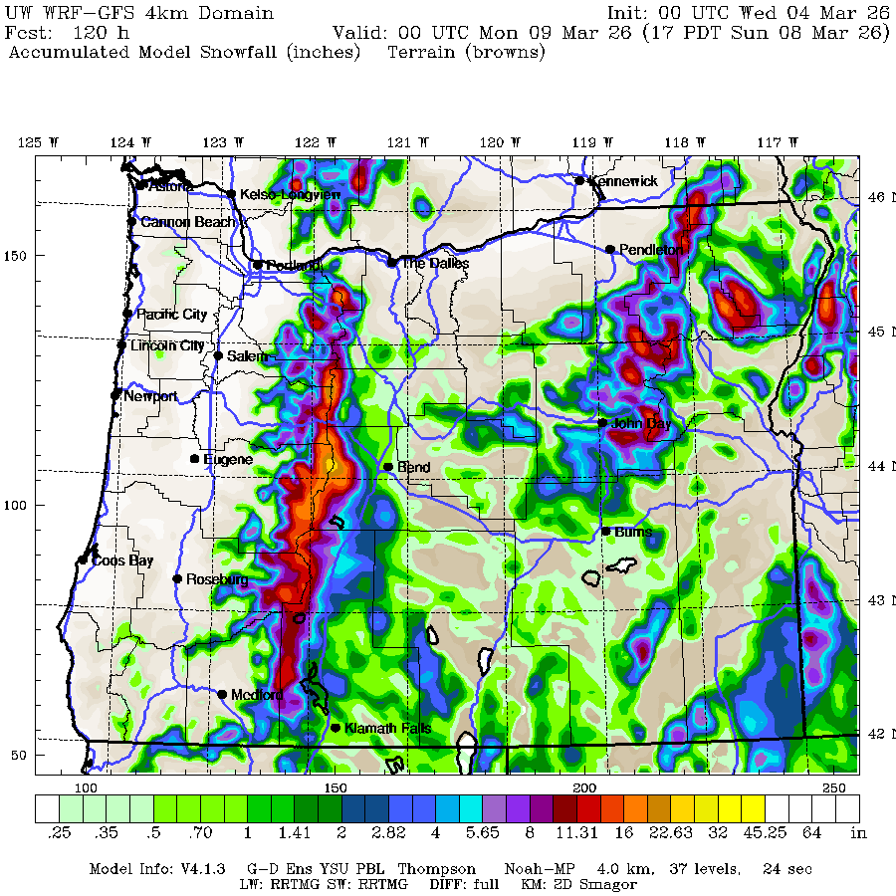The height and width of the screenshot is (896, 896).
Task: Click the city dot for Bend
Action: [388, 467]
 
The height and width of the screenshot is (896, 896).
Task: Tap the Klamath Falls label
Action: [387, 729]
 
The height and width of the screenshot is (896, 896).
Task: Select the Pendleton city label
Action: [651, 249]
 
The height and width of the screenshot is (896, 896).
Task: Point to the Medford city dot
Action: [222, 694]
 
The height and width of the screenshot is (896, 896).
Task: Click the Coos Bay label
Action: [122, 560]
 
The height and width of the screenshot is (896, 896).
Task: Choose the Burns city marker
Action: [605, 531]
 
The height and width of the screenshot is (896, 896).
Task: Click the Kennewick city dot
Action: [579, 180]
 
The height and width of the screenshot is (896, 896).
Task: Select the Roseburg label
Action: [217, 578]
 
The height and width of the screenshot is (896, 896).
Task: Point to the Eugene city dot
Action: [195, 459]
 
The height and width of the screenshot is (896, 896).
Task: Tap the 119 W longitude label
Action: [585, 142]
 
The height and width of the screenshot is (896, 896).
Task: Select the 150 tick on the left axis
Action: [17, 256]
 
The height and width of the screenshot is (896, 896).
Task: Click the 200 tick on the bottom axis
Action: [584, 787]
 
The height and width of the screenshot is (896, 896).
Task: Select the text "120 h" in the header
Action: [96, 32]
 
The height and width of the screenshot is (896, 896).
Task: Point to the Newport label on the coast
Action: [150, 396]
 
